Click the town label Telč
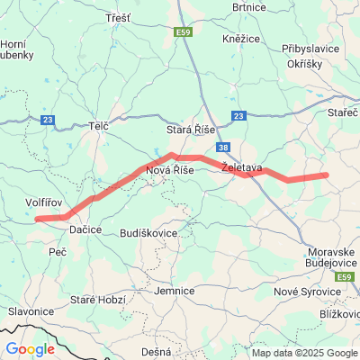[99, 127]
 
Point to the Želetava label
[241, 167]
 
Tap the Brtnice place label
[249, 7]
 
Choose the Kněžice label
[241, 40]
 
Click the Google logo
[30, 349]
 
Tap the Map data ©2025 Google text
[304, 354]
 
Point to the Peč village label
[58, 254]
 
